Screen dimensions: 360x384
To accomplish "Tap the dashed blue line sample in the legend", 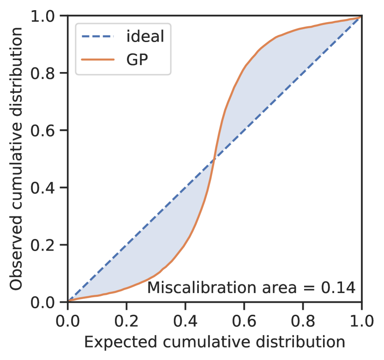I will tap(98, 36).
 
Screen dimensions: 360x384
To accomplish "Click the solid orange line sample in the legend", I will tap(98, 60).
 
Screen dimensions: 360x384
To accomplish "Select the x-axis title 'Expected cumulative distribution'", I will tap(215, 342).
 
